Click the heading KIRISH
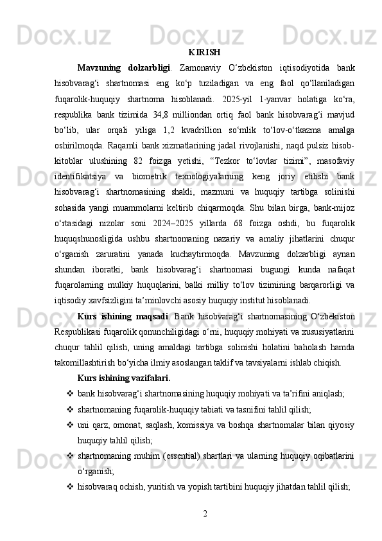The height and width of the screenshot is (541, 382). [x=205, y=51]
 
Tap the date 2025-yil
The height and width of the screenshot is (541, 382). [x=234, y=102]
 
